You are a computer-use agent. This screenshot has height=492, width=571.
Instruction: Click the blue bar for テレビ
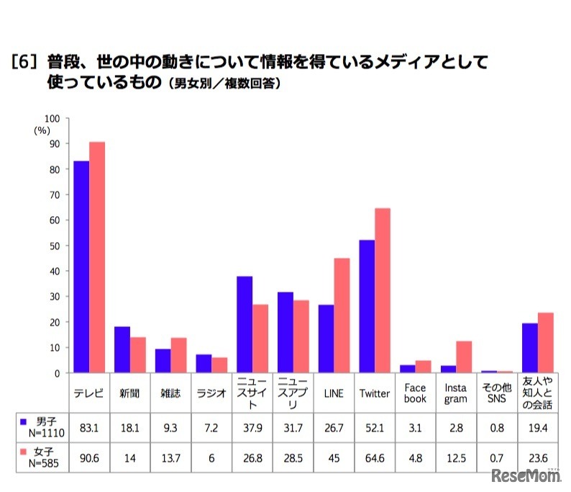[81, 267]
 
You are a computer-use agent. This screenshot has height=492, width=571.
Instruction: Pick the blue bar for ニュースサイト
[244, 324]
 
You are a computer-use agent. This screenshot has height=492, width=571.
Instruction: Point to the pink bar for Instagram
[464, 357]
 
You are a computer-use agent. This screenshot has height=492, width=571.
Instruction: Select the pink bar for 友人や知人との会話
[546, 343]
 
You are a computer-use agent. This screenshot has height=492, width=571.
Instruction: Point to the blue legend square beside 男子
[24, 421]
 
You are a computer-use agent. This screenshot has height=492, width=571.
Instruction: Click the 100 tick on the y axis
[52, 118]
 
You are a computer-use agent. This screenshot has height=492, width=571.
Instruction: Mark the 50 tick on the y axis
[55, 246]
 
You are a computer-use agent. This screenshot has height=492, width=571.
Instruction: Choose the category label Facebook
[415, 393]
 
